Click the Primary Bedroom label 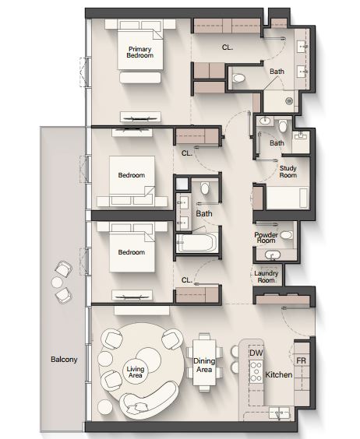(139, 52)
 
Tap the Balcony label (64, 359)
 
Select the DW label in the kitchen (256, 353)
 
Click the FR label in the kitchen (301, 360)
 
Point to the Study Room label (288, 171)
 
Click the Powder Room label (266, 237)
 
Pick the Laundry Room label (266, 276)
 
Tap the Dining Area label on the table (204, 365)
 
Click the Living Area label (135, 372)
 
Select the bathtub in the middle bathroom (196, 243)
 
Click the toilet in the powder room (286, 235)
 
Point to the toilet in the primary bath (238, 78)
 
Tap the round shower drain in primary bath (289, 100)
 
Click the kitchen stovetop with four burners (256, 371)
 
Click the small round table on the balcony (58, 281)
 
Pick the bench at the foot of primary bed (140, 78)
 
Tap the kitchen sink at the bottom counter (279, 413)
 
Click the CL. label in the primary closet (228, 47)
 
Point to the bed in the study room (287, 198)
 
